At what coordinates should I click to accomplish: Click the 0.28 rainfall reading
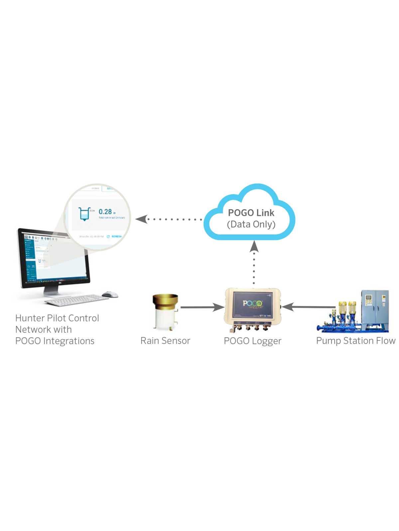[x=105, y=212]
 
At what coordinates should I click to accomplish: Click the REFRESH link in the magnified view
[x=116, y=237]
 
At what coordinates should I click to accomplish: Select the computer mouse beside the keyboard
[x=110, y=294]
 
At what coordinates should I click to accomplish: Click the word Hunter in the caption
[x=30, y=318]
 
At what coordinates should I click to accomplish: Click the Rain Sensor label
[x=165, y=341]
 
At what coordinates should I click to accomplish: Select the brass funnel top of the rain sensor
[x=165, y=300]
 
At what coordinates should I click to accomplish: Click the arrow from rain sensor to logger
[x=201, y=307]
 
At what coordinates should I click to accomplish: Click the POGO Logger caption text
[x=252, y=341]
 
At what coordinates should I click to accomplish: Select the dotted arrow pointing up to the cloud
[x=254, y=262]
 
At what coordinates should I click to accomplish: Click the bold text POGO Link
[x=251, y=213]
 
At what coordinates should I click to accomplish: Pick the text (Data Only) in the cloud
[x=251, y=225]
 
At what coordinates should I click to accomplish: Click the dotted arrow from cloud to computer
[x=170, y=219]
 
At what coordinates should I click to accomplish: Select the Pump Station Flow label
[x=355, y=341]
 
